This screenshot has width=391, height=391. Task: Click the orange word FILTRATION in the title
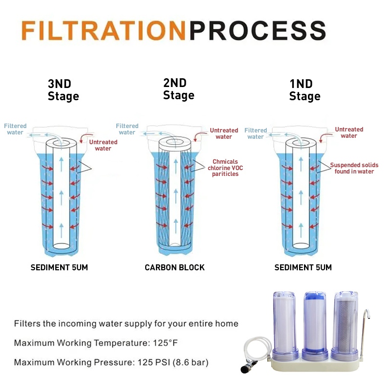(x=104, y=30)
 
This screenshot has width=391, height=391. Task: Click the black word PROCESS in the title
(x=258, y=30)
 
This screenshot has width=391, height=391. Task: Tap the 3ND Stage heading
(x=64, y=90)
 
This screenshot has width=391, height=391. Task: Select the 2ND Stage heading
(x=178, y=89)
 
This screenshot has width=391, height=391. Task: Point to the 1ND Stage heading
(x=304, y=90)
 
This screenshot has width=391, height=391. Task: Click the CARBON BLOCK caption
(x=174, y=267)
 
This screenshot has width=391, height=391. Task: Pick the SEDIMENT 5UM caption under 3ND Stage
(x=59, y=267)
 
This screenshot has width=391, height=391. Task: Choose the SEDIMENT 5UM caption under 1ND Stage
(x=303, y=267)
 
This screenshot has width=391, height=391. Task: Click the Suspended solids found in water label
(x=354, y=168)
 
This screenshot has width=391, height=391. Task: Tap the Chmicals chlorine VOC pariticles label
(x=225, y=168)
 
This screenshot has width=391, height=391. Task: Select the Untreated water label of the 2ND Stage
(x=224, y=133)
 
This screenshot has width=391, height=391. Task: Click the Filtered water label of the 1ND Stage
(x=256, y=133)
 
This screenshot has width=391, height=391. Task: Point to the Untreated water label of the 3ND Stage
(x=103, y=145)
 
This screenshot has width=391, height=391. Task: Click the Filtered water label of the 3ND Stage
(x=15, y=129)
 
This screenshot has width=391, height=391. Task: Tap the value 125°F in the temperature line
(x=165, y=343)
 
